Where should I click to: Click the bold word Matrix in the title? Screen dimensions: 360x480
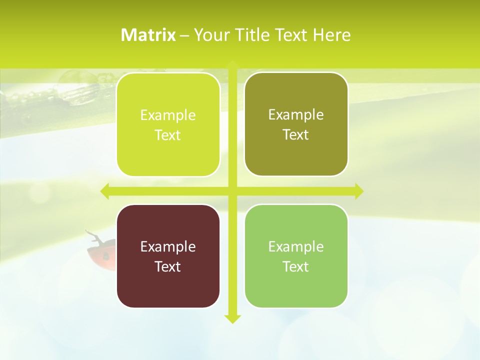148,35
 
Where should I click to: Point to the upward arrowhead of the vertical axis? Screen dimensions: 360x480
232,65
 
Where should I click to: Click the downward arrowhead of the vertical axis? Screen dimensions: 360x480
232,318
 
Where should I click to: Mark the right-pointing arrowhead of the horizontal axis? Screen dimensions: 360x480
358,191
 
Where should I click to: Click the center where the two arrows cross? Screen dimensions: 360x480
232,191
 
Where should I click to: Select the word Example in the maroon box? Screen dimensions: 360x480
168,246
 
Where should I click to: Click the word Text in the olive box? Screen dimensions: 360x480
296,134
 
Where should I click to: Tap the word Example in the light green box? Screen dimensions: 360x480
296,246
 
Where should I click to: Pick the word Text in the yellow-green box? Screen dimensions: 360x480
168,135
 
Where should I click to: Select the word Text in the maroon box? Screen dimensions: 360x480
168,266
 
